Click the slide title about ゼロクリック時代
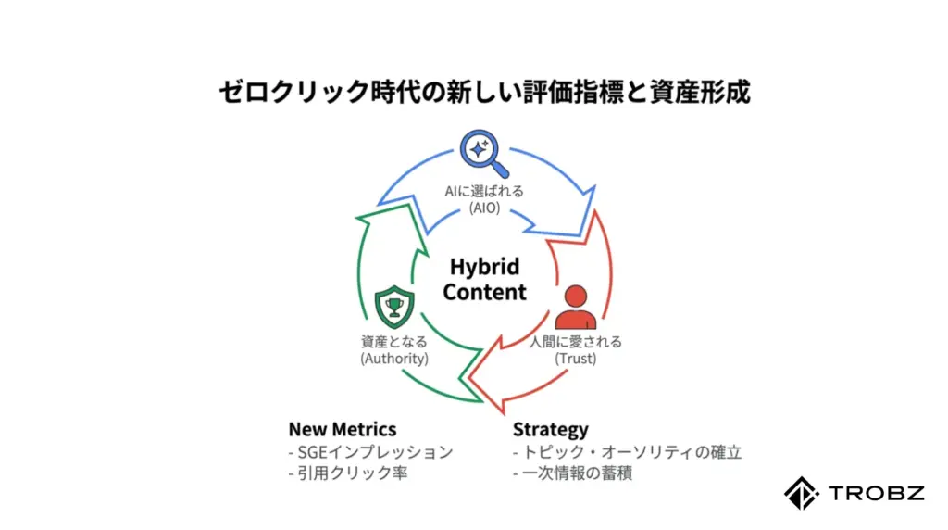pyautogui.click(x=484, y=92)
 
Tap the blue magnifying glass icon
pyautogui.click(x=483, y=153)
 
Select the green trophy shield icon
pyautogui.click(x=394, y=307)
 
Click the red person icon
pyautogui.click(x=576, y=308)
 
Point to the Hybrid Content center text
pyautogui.click(x=484, y=279)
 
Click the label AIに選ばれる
pyautogui.click(x=484, y=191)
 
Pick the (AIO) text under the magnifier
pyautogui.click(x=484, y=208)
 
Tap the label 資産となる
pyautogui.click(x=394, y=342)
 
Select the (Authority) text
pyautogui.click(x=394, y=359)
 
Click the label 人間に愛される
pyautogui.click(x=576, y=342)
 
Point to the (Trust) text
pyautogui.click(x=576, y=359)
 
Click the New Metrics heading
pyautogui.click(x=343, y=430)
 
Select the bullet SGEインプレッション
pyautogui.click(x=370, y=452)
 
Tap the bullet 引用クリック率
pyautogui.click(x=348, y=473)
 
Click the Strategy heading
pyautogui.click(x=550, y=430)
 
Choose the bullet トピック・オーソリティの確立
pyautogui.click(x=627, y=452)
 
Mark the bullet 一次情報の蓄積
pyautogui.click(x=572, y=473)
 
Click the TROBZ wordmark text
pyautogui.click(x=877, y=493)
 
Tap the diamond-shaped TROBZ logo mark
pyautogui.click(x=802, y=493)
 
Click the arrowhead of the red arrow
pyautogui.click(x=487, y=378)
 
